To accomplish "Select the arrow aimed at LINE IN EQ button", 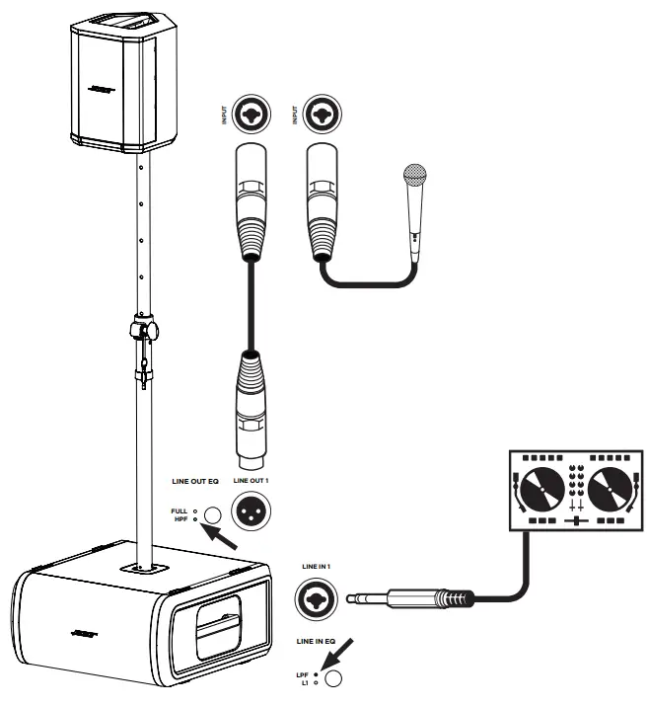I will pyautogui.click(x=344, y=654).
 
